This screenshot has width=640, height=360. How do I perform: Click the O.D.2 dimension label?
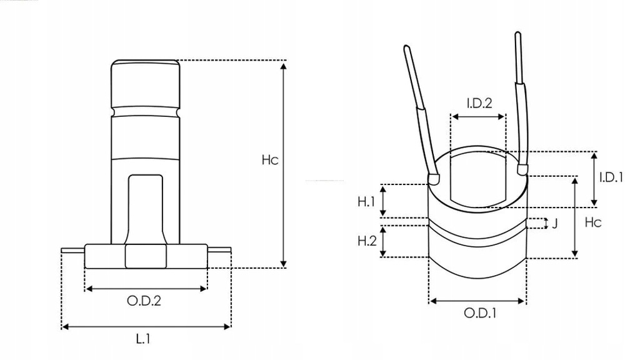tap(144, 301)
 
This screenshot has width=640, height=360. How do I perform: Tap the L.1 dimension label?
tap(144, 339)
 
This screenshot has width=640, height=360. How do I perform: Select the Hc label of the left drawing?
tap(269, 160)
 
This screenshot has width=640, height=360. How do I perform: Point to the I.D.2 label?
tap(479, 102)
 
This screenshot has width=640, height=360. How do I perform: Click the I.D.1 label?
tap(611, 177)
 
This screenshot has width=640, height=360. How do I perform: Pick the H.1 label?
tap(366, 201)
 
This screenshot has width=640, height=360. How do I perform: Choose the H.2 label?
tap(367, 240)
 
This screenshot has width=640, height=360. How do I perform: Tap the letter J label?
tap(554, 223)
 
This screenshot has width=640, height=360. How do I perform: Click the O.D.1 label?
tap(480, 313)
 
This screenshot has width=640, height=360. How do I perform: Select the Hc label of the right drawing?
tap(593, 222)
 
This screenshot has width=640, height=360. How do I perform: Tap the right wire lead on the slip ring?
tap(520, 100)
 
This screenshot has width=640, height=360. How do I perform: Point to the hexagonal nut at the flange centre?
tap(145, 256)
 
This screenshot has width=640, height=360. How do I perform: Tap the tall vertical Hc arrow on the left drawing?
tap(284, 164)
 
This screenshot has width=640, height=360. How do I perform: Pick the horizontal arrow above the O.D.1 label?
tap(477, 301)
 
